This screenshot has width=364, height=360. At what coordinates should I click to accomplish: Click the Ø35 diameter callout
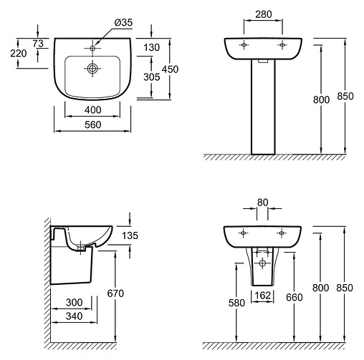[123, 22]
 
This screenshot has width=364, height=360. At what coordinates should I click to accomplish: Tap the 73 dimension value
[38, 44]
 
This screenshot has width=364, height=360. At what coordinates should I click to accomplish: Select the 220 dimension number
[19, 54]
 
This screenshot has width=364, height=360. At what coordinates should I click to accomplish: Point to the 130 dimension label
[151, 47]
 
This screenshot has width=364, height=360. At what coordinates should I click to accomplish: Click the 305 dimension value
[152, 77]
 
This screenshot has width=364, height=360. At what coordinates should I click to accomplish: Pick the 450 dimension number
[170, 69]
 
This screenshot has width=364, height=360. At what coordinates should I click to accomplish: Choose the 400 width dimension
[92, 110]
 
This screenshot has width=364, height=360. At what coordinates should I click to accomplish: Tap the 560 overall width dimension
[92, 125]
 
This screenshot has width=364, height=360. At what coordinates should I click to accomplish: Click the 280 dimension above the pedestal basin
[264, 14]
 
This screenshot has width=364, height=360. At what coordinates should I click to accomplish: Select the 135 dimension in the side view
[130, 235]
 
